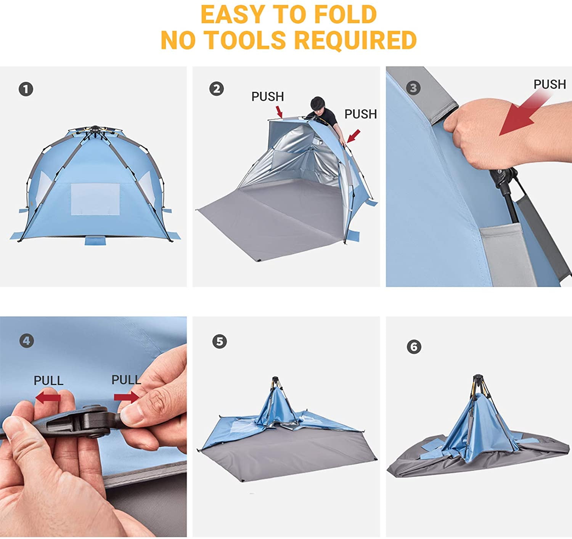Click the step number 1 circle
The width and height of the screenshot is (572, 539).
26,90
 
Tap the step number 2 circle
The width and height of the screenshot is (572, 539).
217,89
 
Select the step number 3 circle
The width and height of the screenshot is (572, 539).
413,88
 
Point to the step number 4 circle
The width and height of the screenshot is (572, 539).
26,340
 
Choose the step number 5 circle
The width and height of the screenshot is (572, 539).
219,341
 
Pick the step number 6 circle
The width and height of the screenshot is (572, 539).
414,347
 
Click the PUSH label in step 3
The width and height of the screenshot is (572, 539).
550,84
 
